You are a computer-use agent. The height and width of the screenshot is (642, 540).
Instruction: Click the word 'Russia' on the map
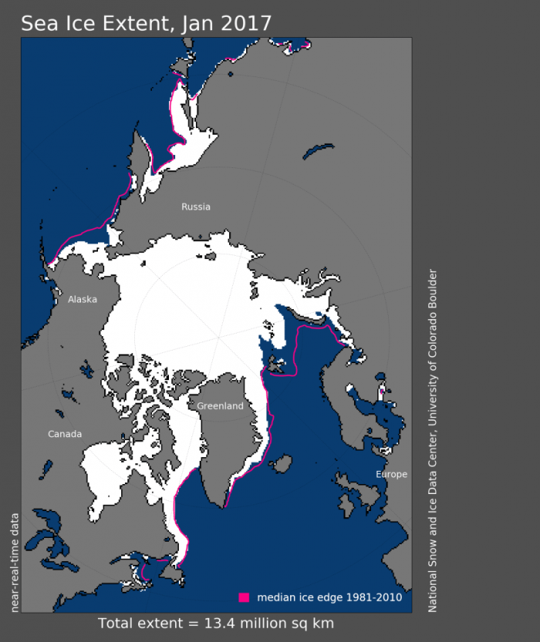[195, 207]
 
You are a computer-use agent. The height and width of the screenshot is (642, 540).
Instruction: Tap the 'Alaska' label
[83, 299]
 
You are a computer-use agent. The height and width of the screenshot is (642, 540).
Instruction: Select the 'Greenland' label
[220, 406]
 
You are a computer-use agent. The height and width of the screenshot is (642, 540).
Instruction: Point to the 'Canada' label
[65, 434]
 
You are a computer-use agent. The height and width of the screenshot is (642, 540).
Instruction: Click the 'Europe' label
[391, 474]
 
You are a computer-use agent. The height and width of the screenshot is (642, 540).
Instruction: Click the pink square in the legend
[245, 597]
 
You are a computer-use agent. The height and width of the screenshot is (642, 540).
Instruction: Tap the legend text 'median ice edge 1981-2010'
[329, 597]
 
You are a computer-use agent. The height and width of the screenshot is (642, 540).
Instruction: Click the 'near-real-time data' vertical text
[14, 562]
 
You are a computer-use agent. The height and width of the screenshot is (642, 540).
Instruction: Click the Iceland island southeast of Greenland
[282, 464]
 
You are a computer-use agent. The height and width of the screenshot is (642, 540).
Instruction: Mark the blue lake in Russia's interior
[318, 150]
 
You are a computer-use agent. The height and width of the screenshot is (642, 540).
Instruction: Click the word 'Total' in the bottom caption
[115, 623]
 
